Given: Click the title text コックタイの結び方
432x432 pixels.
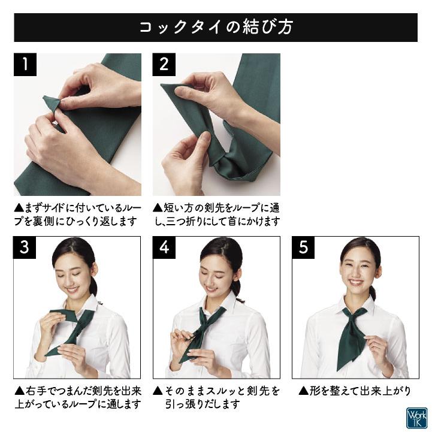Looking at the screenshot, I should tap(216, 28).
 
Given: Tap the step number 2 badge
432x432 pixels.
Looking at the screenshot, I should tap(164, 65).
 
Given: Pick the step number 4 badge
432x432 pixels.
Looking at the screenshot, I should tap(164, 248).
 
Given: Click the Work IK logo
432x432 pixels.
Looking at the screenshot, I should tap(416, 417).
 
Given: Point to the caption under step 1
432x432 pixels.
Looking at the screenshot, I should tap(77, 215).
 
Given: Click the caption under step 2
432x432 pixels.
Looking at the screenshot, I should tap(216, 215).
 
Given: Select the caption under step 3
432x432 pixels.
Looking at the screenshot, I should tap(77, 397).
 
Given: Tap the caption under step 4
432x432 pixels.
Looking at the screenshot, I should tap(216, 397).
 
